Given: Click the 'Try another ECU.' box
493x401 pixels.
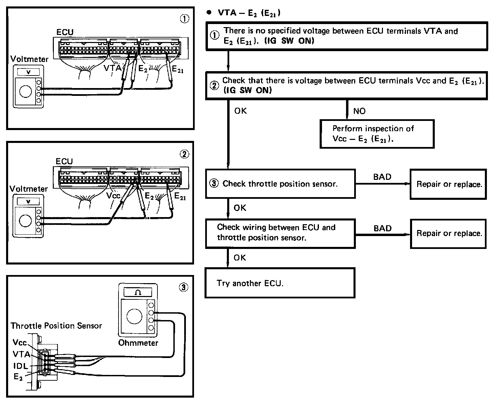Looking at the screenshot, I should coord(280,283).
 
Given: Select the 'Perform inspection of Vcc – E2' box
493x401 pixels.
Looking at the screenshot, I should coord(377,134).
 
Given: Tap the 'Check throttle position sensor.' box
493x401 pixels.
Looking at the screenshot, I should coord(280,184).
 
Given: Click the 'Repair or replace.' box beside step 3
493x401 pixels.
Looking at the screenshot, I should coord(449,184).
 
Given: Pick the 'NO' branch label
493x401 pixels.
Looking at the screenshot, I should coord(359,111).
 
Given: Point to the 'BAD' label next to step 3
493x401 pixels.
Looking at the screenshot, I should coord(382,177).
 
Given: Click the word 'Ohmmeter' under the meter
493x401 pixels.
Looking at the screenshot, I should coord(138,343).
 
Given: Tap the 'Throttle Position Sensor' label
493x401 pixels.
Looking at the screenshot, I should coord(56,326).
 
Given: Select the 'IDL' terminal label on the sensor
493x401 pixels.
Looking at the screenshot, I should coord(20,366).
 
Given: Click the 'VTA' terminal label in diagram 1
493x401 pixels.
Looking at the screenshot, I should coord(112,68).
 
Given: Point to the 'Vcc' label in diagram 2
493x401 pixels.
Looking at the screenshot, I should coord(113,195).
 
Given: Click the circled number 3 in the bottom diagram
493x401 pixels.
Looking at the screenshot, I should coord(183,287).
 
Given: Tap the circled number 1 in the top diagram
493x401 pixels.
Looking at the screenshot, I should coord(184,19).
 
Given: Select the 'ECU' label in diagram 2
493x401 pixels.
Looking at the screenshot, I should coord(64,161).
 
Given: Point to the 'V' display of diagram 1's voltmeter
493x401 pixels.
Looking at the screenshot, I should coord(28,72).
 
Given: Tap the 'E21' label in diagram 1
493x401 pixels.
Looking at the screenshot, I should coord(177,69).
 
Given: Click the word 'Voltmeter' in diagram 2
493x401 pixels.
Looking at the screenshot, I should coord(28,189).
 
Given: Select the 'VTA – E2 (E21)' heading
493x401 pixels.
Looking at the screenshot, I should coord(249,13).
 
